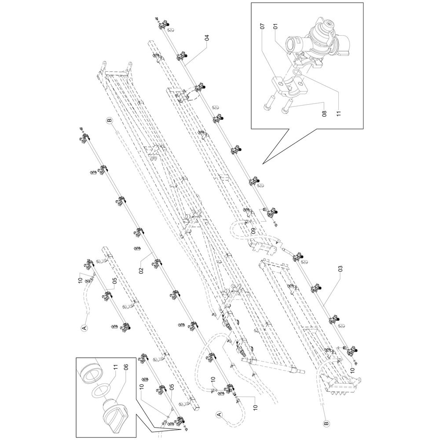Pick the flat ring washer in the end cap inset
(x=101, y=391)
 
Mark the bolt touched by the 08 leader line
(x=289, y=106)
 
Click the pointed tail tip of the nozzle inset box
(x=262, y=164)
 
